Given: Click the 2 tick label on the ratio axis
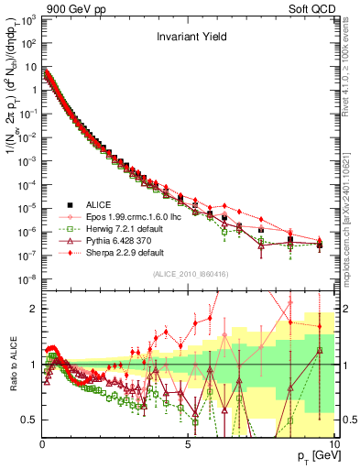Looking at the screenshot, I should tap(35, 309).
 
